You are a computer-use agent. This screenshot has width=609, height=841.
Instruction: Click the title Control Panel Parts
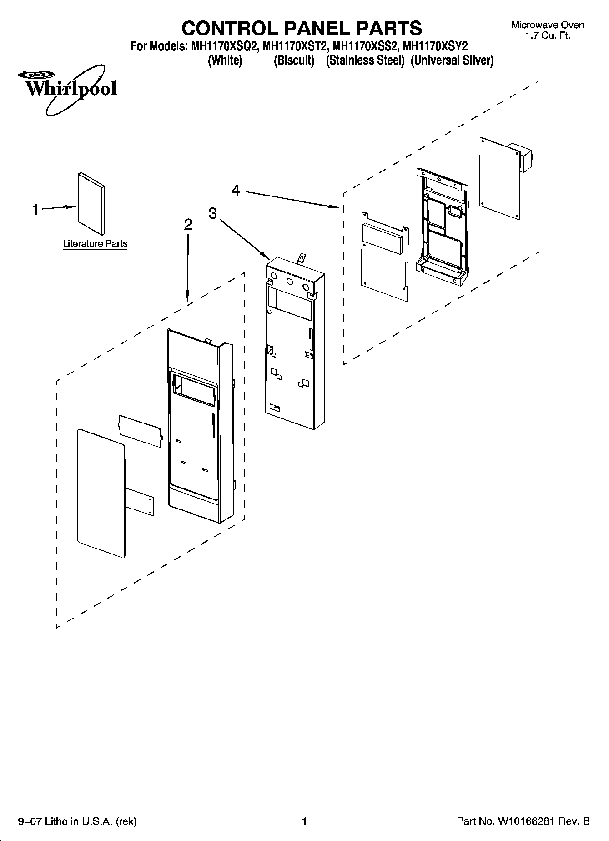click(x=302, y=28)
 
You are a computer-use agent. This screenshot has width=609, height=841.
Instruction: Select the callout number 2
click(x=188, y=225)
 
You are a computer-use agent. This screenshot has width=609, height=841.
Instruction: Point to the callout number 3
click(x=213, y=213)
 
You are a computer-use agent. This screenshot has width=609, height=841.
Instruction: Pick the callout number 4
click(x=236, y=190)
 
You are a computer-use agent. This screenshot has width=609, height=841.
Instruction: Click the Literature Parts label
click(x=95, y=244)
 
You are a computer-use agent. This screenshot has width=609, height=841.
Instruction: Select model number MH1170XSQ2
click(x=221, y=46)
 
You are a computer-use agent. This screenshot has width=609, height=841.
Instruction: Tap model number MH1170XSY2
click(x=435, y=46)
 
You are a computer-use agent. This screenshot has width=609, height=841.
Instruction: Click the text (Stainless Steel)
click(x=365, y=60)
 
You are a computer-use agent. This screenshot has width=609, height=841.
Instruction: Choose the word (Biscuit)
click(x=294, y=60)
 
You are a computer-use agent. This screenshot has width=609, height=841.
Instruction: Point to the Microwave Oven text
click(x=548, y=25)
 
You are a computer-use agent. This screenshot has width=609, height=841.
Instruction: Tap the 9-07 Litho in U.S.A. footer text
click(x=77, y=821)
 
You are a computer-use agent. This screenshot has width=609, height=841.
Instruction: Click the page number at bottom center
click(x=304, y=821)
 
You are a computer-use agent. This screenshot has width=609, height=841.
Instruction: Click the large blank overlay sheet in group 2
click(x=101, y=492)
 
